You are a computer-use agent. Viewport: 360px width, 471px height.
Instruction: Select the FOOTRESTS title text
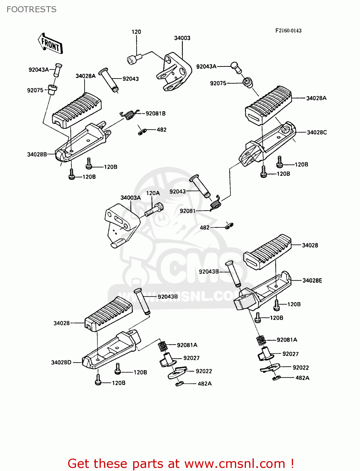tap(31, 9)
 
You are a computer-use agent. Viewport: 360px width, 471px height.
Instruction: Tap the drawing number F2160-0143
tap(288, 30)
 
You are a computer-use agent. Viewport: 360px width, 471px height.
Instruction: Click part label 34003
tap(182, 38)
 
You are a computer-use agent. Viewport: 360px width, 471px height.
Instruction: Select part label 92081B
tap(155, 113)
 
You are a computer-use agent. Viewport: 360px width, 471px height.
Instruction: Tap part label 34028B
tap(37, 154)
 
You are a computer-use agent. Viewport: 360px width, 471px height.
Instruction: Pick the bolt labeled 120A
tap(154, 209)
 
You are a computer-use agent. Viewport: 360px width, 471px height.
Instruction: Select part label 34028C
tap(317, 132)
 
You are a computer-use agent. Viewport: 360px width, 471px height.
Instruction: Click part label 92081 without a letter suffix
tap(188, 211)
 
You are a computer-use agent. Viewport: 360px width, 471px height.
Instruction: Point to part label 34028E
tap(312, 280)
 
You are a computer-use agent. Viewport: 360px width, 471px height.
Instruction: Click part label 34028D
tap(61, 362)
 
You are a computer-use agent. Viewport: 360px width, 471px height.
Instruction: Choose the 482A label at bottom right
tap(302, 378)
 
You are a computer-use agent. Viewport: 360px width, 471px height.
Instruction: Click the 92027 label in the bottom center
tap(191, 358)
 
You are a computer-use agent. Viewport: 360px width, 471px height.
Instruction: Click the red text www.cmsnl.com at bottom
tap(235, 463)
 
